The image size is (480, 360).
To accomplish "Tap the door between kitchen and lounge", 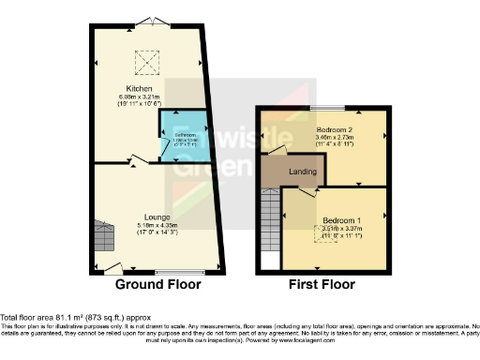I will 139,161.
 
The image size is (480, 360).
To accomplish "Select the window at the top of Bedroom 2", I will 328,108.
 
